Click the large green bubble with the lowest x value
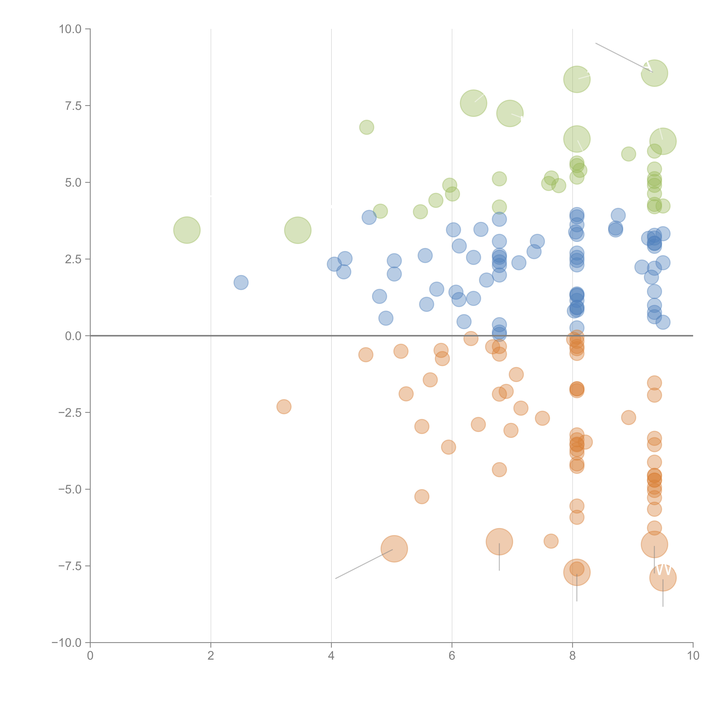point(187,230)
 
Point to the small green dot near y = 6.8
point(367,127)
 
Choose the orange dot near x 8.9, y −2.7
point(629,417)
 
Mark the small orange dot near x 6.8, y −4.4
point(499,470)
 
